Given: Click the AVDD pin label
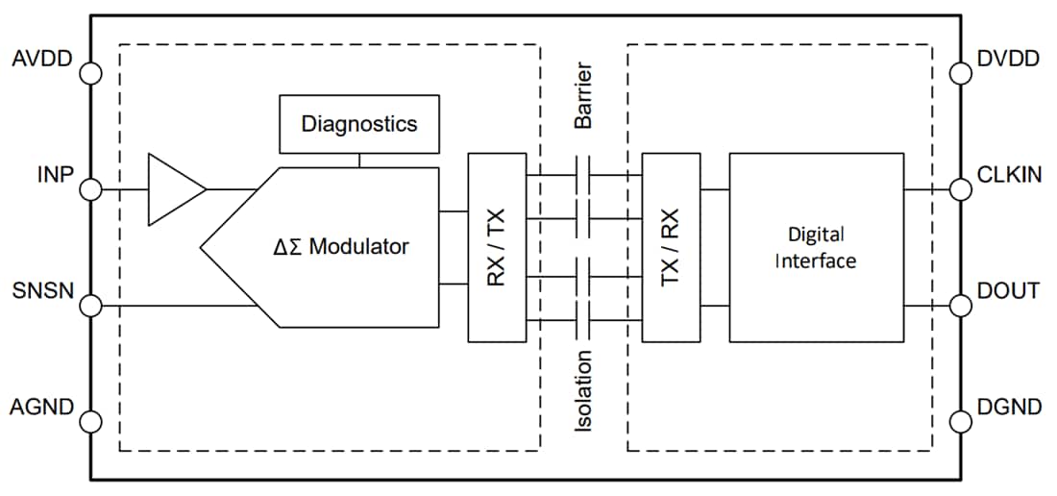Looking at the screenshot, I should [42, 60].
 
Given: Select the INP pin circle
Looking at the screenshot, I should [90, 189].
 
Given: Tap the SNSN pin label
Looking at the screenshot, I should [41, 290].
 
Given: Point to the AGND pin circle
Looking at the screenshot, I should [90, 421].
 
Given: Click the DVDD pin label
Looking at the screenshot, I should [1007, 60].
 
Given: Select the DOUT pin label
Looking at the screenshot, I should [1006, 290].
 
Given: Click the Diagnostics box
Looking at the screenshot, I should [359, 124].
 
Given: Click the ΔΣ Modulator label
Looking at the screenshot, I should [340, 247].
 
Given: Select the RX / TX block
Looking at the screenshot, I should [497, 247].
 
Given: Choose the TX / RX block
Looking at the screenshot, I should [671, 247].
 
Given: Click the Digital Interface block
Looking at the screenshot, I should [816, 247].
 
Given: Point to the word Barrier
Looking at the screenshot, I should [583, 96].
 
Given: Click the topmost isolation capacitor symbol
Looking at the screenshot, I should [583, 175].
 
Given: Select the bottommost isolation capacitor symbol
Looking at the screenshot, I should [583, 320].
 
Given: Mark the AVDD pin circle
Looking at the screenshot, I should [90, 72].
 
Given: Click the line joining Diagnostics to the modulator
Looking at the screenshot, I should [359, 161].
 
